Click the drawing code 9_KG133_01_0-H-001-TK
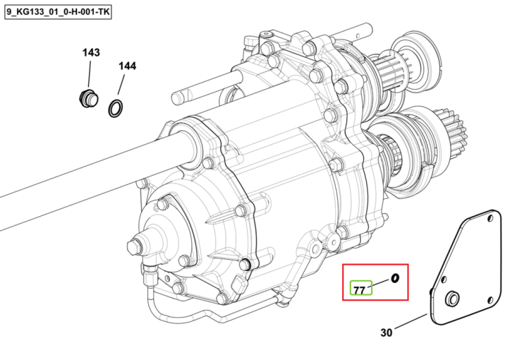tap(58, 13)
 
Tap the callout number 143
tap(91, 53)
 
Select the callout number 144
tap(127, 66)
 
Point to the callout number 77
tap(360, 290)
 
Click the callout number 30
tap(387, 332)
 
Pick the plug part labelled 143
tap(88, 99)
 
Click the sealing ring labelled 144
tap(116, 109)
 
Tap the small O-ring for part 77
tap(394, 278)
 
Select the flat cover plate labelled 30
tap(466, 267)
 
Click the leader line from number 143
tap(90, 73)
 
